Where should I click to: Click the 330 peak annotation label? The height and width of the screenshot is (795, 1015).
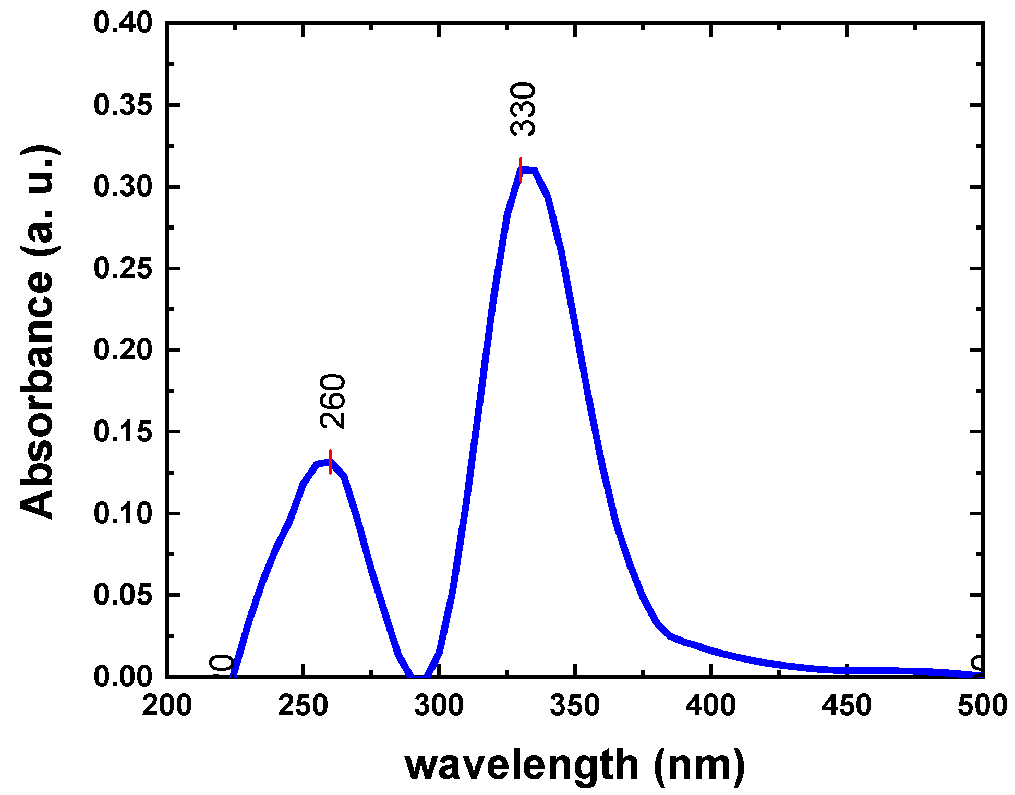(523, 109)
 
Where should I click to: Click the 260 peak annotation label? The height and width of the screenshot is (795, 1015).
(333, 401)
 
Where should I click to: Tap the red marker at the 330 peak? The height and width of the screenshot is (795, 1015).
(521, 170)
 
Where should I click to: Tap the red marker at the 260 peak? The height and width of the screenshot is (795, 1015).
(330, 462)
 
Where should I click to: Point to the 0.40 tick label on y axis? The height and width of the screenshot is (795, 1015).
(123, 23)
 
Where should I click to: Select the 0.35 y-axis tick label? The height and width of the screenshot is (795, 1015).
(123, 105)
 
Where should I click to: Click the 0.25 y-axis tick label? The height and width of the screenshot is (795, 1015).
(123, 269)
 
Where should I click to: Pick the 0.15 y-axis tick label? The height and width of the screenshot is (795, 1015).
(123, 432)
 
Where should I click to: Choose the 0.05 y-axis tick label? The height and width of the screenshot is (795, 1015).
(123, 595)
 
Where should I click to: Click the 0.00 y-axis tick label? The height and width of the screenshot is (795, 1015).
(123, 677)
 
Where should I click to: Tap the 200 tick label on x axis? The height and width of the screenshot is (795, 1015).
(167, 706)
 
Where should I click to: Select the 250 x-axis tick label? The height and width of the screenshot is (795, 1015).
(303, 706)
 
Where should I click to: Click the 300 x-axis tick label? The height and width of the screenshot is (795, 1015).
(439, 706)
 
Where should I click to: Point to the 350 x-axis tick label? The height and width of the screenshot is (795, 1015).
(575, 706)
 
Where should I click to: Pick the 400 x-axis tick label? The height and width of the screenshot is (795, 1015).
(711, 706)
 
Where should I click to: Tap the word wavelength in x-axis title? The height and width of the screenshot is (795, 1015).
(522, 765)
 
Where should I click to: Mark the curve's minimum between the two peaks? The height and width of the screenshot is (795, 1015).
(419, 676)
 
